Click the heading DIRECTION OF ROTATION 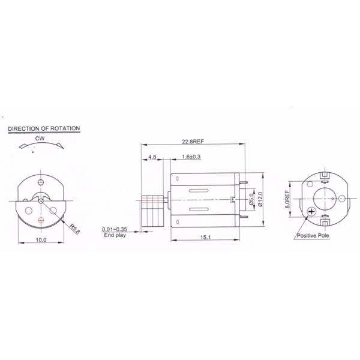[43, 128]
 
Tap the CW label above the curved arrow [40, 138]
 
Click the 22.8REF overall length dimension [193, 142]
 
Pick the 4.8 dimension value [152, 158]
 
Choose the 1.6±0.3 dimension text [191, 158]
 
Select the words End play [114, 236]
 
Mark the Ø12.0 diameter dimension [260, 200]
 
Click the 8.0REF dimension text [288, 197]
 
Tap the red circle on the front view [40, 220]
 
